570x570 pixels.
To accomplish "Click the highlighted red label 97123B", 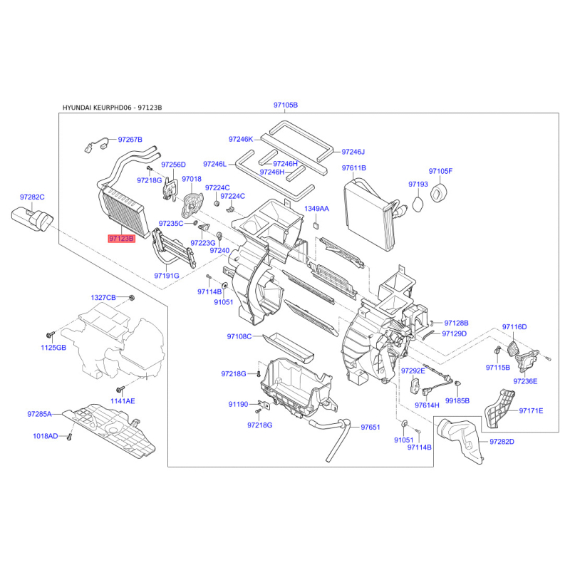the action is click(121, 239).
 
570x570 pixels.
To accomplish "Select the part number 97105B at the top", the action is click(286, 105).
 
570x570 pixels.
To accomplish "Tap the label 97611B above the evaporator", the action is click(353, 168).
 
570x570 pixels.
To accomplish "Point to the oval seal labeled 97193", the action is click(419, 204).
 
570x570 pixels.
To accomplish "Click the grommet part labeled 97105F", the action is click(439, 192).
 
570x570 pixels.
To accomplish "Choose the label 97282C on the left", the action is click(32, 197).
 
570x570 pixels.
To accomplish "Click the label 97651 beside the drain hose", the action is click(370, 427).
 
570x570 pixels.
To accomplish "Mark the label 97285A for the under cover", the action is click(40, 414).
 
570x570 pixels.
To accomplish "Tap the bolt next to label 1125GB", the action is click(50, 333).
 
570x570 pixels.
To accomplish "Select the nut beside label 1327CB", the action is click(132, 298).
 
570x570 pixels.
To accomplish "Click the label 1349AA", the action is click(316, 209).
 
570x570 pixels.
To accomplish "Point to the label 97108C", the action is click(239, 336).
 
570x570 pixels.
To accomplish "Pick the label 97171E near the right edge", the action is click(531, 411).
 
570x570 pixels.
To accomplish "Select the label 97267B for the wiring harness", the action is click(130, 140).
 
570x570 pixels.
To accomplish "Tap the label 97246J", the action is click(353, 152).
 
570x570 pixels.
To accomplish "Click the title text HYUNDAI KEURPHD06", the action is click(97, 108).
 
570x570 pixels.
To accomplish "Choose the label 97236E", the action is click(525, 381).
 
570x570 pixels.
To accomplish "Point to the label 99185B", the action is click(457, 400).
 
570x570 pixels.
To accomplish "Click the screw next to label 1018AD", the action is click(69, 437).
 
